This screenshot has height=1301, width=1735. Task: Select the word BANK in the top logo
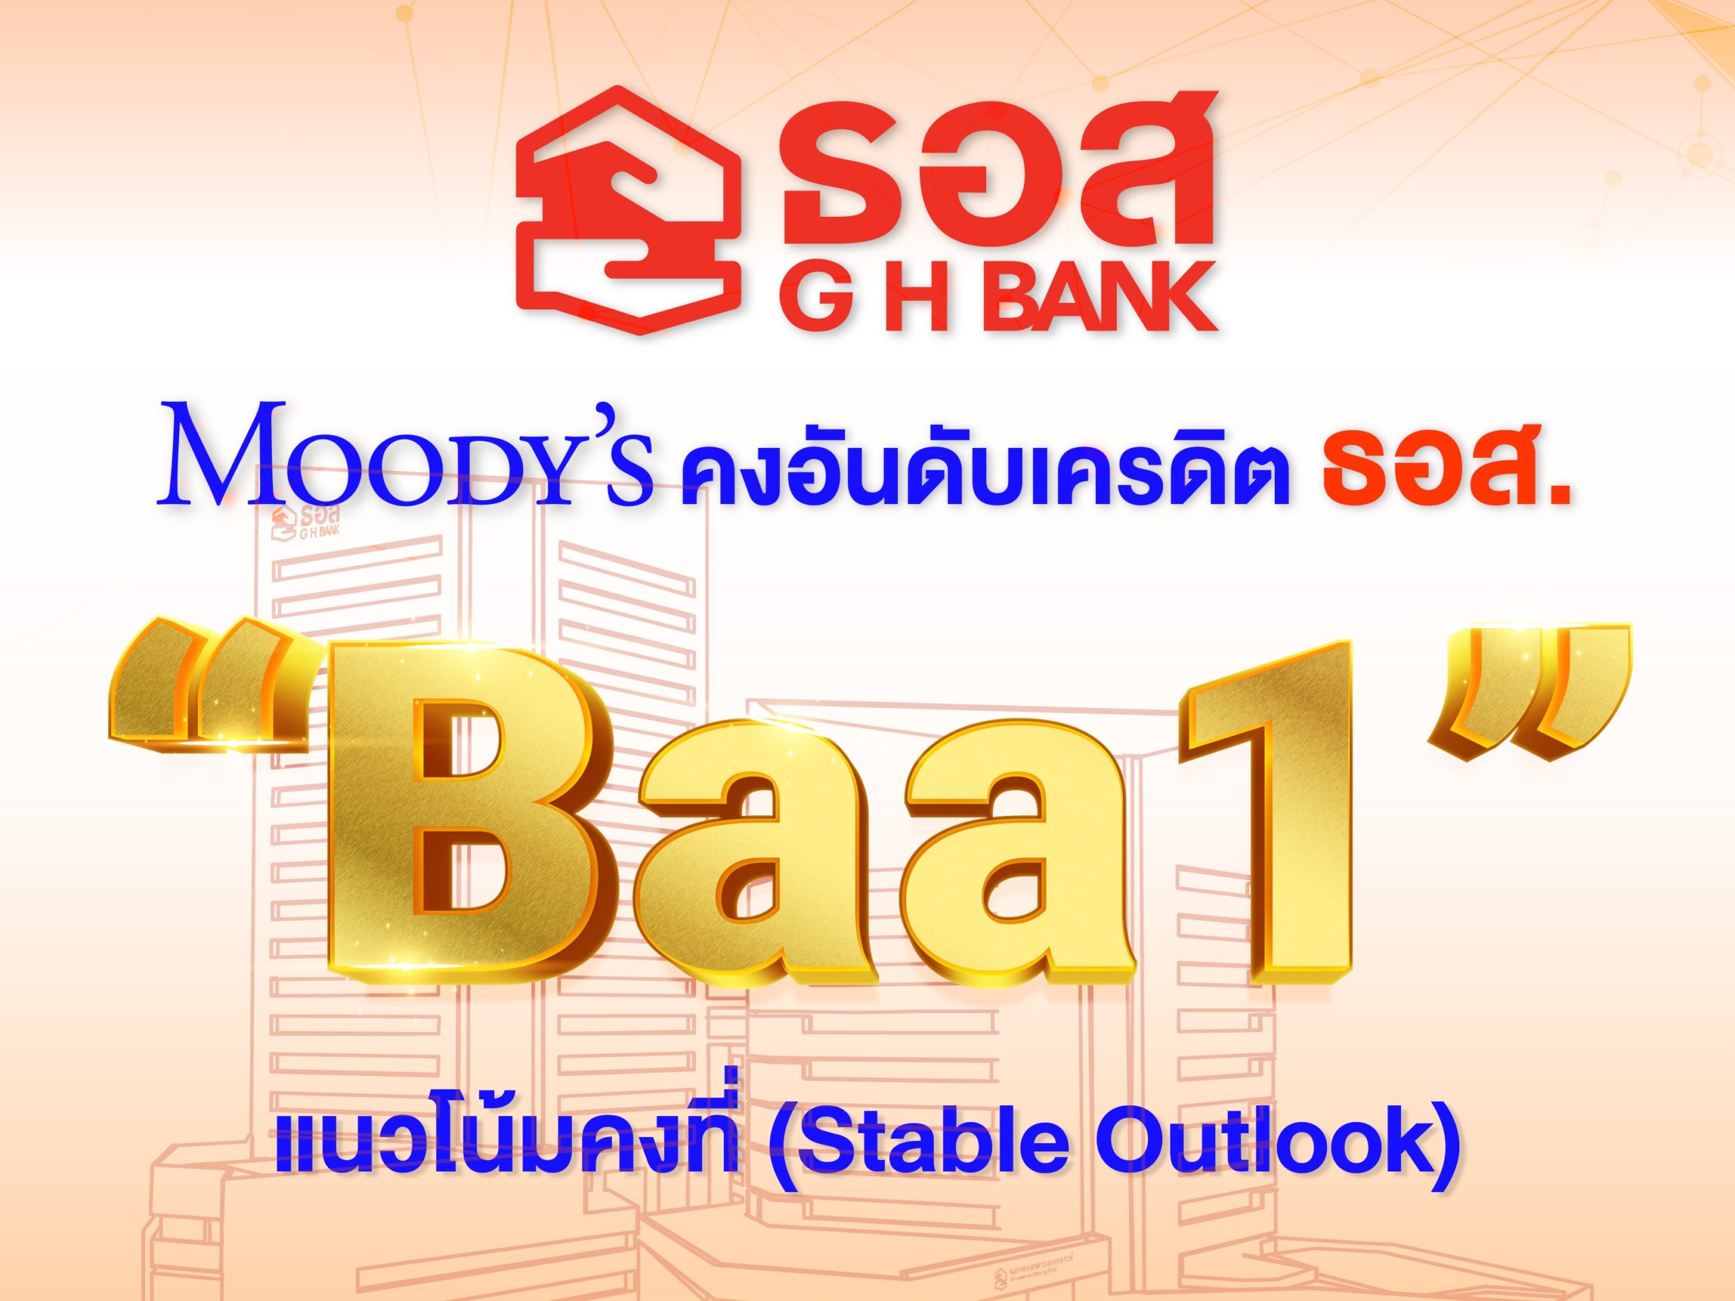[x=1091, y=297]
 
